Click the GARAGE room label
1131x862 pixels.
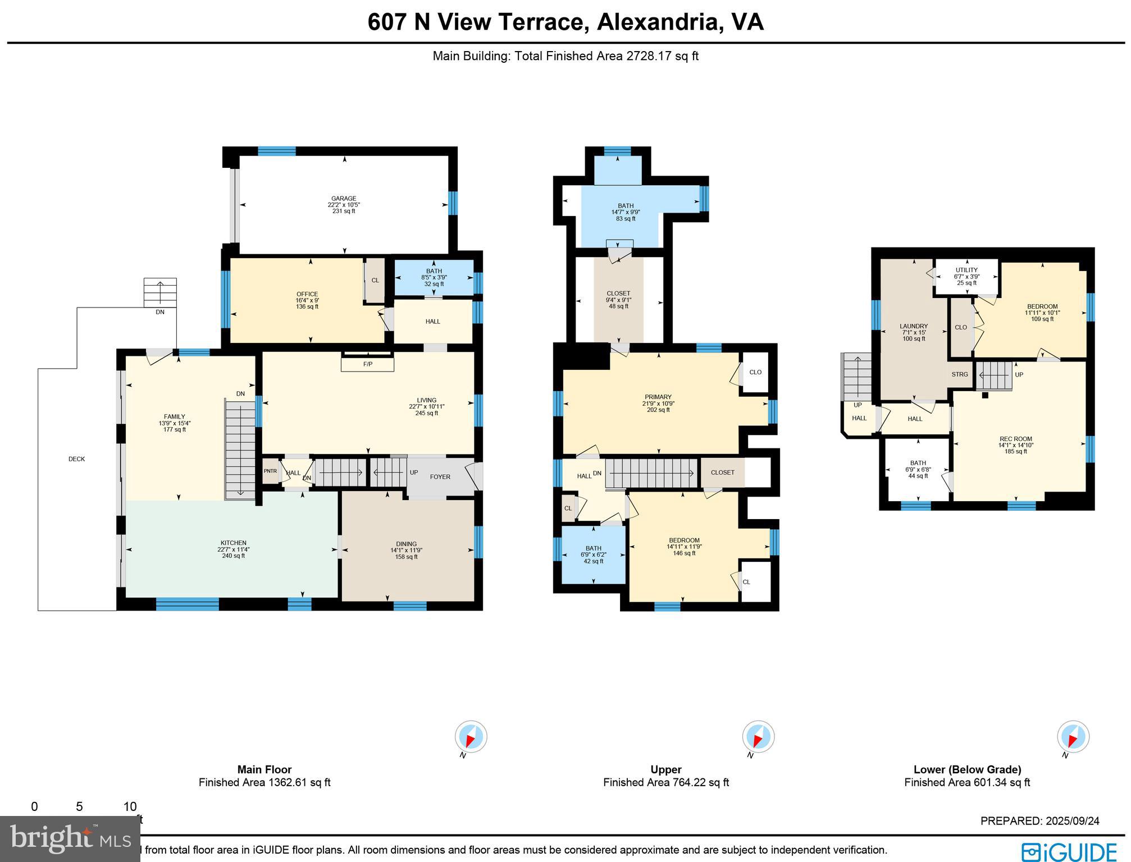click(343, 199)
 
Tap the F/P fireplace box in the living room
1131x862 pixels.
click(367, 364)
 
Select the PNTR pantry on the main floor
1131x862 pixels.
click(270, 471)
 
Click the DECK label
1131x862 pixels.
click(76, 459)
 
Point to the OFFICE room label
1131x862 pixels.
click(307, 294)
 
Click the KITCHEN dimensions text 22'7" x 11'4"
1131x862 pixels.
click(233, 549)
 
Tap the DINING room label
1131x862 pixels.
click(406, 544)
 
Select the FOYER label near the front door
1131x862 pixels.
click(440, 477)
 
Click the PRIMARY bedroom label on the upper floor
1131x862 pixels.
click(658, 397)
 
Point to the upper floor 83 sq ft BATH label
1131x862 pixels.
click(626, 206)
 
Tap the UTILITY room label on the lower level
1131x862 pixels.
click(966, 270)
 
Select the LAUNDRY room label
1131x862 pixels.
click(914, 326)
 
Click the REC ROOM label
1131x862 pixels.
click(1015, 439)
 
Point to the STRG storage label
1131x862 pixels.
click(960, 374)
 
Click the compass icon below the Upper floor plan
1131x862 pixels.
click(758, 737)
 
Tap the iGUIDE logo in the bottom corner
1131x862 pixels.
click(1069, 851)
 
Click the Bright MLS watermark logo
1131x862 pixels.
click(70, 838)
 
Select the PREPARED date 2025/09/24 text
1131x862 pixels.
click(1039, 821)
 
